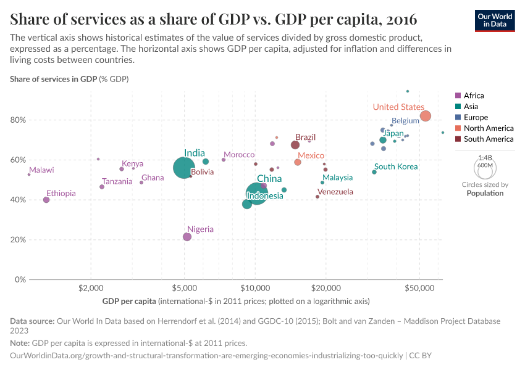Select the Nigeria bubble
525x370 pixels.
[187, 237]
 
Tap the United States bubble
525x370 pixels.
[425, 116]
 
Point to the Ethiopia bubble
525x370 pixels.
[46, 200]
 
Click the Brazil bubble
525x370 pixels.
[295, 145]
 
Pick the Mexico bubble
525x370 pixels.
[298, 162]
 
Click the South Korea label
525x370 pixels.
[396, 167]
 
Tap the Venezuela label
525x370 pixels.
[334, 192]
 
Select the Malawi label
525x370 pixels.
[41, 170]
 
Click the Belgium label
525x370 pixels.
[405, 121]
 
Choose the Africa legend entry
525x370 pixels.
[473, 96]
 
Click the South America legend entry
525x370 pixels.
[488, 139]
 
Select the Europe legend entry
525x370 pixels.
[475, 117]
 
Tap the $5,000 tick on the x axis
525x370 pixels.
[184, 288]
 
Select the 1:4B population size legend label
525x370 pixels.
[485, 158]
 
